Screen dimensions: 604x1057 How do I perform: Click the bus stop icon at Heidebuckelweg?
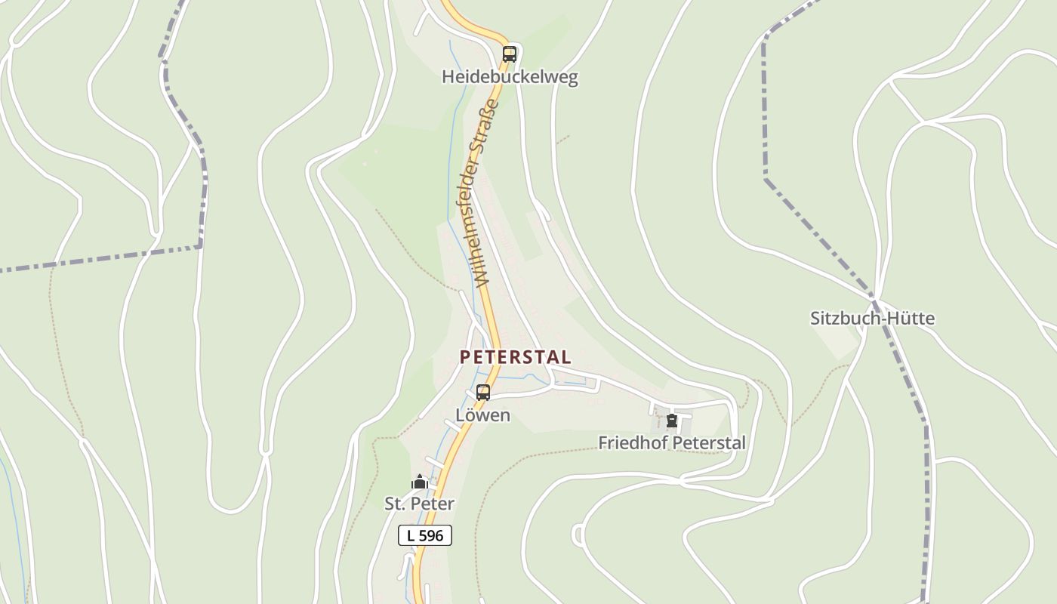(x=510, y=54)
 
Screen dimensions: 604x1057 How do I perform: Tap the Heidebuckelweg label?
(x=510, y=77)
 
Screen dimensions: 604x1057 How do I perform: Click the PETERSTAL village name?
(x=516, y=356)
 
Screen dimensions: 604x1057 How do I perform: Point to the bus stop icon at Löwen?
(x=483, y=393)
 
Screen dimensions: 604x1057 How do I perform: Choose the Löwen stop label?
(x=483, y=415)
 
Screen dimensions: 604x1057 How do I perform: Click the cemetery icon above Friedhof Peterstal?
(x=671, y=421)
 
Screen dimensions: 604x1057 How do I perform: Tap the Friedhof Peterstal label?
(x=671, y=443)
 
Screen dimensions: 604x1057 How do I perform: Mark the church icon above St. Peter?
(x=420, y=482)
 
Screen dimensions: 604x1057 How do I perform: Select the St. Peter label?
(x=420, y=504)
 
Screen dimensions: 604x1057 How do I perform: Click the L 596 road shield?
(x=425, y=535)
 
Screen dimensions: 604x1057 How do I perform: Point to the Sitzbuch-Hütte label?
(x=872, y=319)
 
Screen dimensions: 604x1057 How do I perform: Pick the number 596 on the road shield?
(x=431, y=535)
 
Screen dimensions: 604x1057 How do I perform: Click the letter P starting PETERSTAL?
(x=465, y=356)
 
